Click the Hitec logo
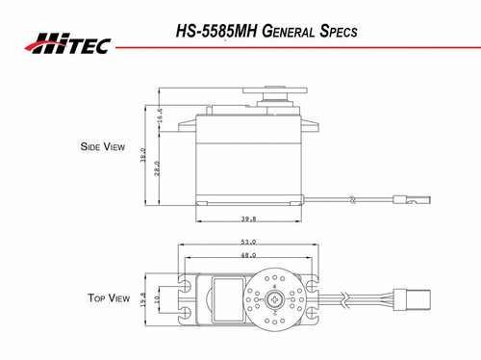pyautogui.click(x=73, y=42)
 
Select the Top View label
pyautogui.click(x=100, y=299)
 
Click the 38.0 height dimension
pyautogui.click(x=143, y=155)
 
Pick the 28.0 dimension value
pyautogui.click(x=158, y=167)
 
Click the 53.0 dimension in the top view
pyautogui.click(x=248, y=242)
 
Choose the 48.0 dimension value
pyautogui.click(x=248, y=255)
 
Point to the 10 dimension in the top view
pyautogui.click(x=157, y=302)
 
